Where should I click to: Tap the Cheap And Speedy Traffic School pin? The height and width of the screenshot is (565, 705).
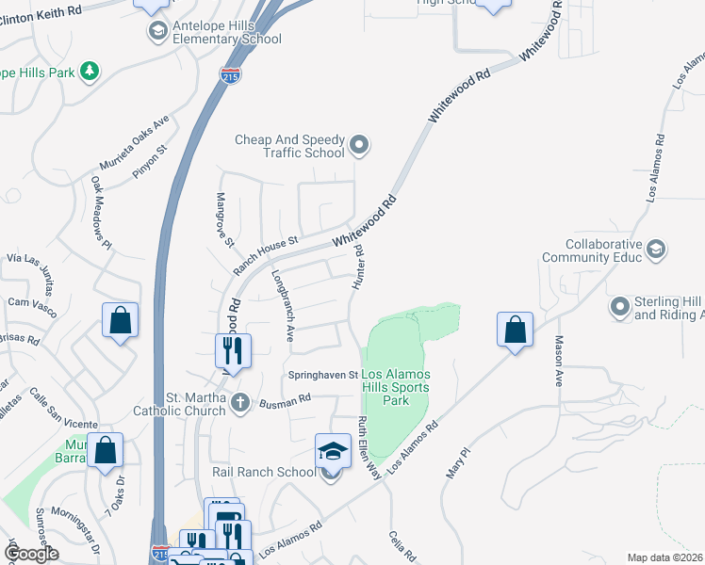(359, 145)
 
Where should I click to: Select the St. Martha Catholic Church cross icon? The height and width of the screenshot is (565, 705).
(240, 402)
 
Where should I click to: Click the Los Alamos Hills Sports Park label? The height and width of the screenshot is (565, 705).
(396, 387)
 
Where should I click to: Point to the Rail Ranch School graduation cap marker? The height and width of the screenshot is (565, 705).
(333, 451)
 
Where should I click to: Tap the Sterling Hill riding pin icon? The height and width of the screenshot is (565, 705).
(620, 307)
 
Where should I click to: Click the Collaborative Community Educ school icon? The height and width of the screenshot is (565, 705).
(657, 250)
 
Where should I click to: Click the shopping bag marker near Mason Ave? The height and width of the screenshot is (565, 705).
(515, 331)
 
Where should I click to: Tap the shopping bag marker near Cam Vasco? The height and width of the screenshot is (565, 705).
(121, 321)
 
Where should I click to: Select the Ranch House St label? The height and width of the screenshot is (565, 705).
(266, 254)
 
